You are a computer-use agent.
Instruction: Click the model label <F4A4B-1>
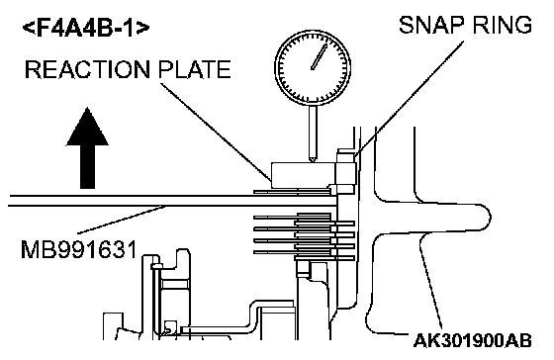pos(86,29)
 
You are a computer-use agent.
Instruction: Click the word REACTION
pos(88,69)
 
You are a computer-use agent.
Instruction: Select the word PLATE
pos(195,69)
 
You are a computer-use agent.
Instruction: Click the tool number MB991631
pos(79,250)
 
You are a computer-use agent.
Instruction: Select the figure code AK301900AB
pos(473,340)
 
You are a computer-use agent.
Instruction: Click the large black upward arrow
pos(87,147)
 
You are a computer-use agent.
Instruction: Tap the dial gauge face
pos(313,67)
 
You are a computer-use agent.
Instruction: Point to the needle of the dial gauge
pos(319,57)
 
